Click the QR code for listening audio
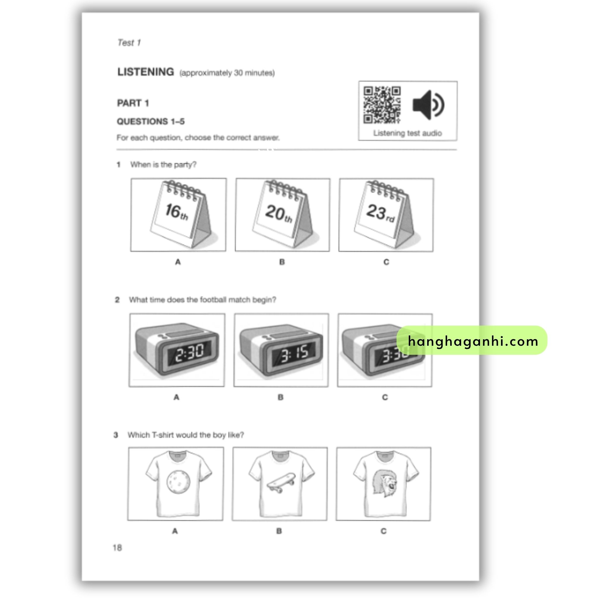[x=382, y=105]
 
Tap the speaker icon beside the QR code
[x=428, y=105]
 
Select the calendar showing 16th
[x=178, y=215]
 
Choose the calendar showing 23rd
[x=386, y=215]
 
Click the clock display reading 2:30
[x=190, y=352]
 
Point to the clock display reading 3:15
[x=294, y=352]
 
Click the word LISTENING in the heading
[x=145, y=72]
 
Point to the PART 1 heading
[x=133, y=103]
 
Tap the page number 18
[x=117, y=547]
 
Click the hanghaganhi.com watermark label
[x=472, y=341]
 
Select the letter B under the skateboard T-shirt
[x=279, y=531]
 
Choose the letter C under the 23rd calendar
[x=386, y=262]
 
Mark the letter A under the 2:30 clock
[x=176, y=397]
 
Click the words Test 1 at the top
[x=129, y=43]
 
